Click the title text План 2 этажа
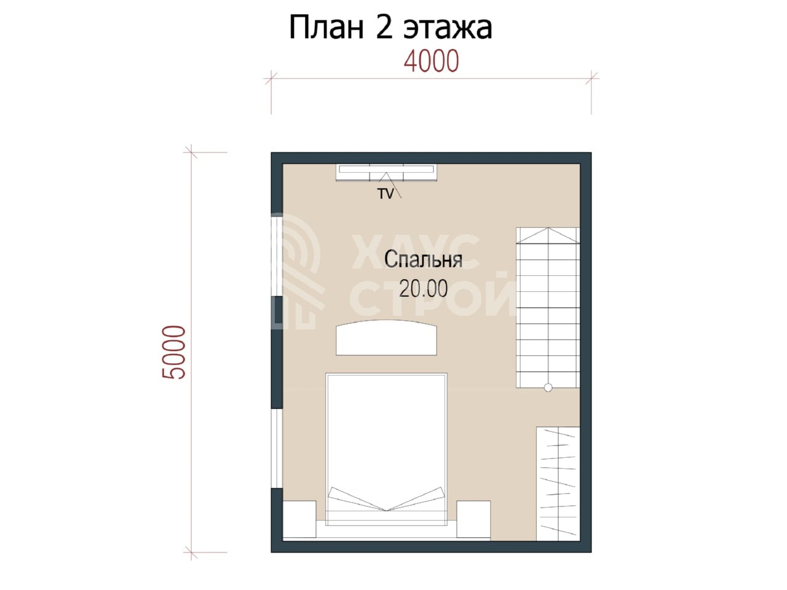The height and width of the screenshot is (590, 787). click(x=390, y=28)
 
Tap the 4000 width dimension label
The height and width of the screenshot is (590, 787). click(x=431, y=61)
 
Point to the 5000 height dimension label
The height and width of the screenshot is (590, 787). click(x=174, y=352)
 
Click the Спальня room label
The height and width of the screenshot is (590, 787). click(x=423, y=259)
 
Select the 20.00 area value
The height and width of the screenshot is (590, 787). click(x=423, y=288)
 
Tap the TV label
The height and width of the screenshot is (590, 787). click(x=386, y=194)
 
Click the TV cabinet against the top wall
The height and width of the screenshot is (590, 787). click(x=386, y=173)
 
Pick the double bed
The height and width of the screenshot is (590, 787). click(x=386, y=450)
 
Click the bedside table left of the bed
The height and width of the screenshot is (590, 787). click(x=299, y=519)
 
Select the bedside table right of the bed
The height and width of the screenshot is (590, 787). click(x=473, y=519)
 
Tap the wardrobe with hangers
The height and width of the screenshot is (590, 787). click(x=558, y=484)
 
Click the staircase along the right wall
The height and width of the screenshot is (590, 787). click(x=548, y=308)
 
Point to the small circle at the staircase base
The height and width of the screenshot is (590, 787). click(x=548, y=387)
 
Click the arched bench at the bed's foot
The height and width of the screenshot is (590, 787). click(x=386, y=337)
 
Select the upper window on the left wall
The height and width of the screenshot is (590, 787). click(x=277, y=255)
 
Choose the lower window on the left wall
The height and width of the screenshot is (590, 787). click(x=277, y=449)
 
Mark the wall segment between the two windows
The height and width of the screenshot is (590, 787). click(x=277, y=353)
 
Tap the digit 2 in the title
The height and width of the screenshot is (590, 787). click(x=384, y=28)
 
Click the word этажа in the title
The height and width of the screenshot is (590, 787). click(x=448, y=29)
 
